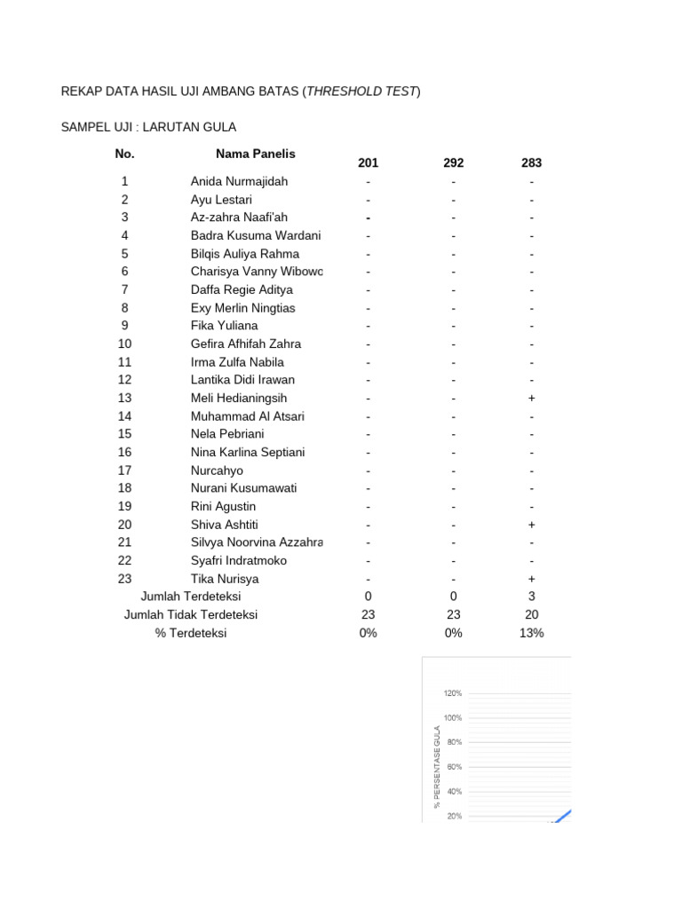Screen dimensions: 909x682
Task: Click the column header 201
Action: click(368, 163)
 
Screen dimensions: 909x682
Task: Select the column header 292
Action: click(453, 163)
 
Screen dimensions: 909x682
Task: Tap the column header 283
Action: click(531, 163)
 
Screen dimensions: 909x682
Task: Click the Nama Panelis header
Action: click(255, 154)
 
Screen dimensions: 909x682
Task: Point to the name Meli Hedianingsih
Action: click(239, 399)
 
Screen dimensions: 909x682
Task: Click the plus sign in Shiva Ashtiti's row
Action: click(531, 525)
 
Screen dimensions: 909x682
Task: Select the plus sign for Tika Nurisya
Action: click(531, 579)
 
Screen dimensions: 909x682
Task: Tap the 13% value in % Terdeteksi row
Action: click(531, 633)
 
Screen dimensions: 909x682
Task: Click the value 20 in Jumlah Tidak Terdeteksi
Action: click(531, 615)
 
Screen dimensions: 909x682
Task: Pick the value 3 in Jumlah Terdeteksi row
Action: click(531, 597)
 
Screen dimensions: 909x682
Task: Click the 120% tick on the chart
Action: click(452, 693)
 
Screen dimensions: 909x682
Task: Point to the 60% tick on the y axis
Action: click(454, 767)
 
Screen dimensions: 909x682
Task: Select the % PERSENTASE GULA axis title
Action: click(437, 765)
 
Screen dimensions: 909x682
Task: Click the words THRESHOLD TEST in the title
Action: click(361, 91)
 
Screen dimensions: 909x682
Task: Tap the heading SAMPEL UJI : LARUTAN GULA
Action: click(148, 128)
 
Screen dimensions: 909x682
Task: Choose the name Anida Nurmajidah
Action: click(239, 182)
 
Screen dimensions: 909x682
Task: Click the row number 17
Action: click(124, 470)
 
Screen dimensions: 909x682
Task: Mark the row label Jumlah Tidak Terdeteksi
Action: click(191, 615)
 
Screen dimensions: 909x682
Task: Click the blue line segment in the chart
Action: click(563, 815)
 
